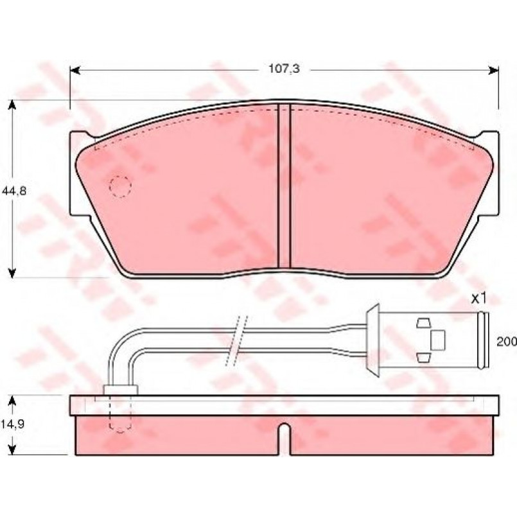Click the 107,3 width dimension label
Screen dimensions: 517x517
(285, 69)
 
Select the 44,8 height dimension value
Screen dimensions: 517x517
(14, 191)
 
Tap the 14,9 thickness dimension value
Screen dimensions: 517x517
(13, 424)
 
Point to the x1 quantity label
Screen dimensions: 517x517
(478, 299)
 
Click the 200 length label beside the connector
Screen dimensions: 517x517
(507, 342)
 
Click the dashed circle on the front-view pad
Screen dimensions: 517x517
(120, 187)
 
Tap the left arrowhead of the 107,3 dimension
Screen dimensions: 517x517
(76, 70)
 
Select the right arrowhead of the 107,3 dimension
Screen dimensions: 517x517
(494, 70)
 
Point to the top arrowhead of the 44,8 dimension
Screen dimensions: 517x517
(12, 105)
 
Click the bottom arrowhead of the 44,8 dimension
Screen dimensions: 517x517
(12, 272)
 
